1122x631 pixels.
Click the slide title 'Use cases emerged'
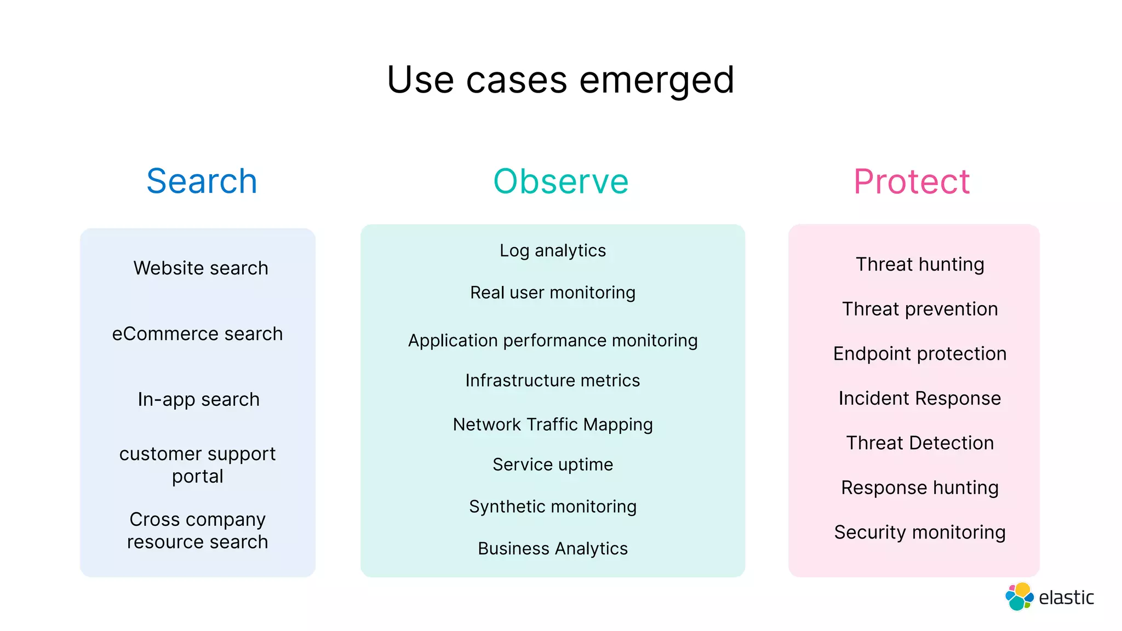[x=560, y=80]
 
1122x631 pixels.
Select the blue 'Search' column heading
[x=202, y=181]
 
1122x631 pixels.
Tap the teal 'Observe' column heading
[x=561, y=181]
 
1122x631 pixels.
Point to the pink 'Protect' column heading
[x=912, y=181]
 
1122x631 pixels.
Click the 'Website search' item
[x=201, y=268]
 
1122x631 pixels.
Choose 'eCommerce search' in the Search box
[x=197, y=334]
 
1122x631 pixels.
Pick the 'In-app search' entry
[x=198, y=399]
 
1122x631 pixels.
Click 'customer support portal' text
[x=197, y=464]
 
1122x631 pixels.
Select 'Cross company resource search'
[x=197, y=530]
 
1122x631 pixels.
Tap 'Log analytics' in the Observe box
[x=553, y=250]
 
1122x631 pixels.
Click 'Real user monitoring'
[x=553, y=292]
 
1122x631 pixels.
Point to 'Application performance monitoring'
[x=553, y=340]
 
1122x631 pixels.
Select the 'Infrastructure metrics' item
[x=553, y=380]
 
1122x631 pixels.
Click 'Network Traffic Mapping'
[x=553, y=425]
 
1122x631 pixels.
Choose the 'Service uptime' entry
[x=553, y=464]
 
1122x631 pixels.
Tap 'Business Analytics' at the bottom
[x=553, y=548]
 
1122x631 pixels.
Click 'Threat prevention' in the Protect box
[x=920, y=309]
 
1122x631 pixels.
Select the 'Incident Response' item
[x=920, y=398]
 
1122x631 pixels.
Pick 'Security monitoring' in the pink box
[x=920, y=532]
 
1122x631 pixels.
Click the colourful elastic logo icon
[x=1019, y=596]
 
